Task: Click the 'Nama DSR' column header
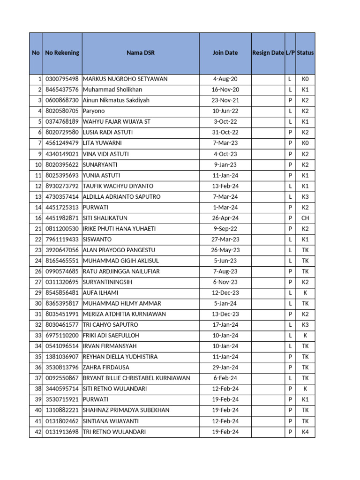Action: tap(140, 53)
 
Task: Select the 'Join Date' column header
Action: tap(225, 53)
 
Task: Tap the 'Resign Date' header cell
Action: tap(268, 53)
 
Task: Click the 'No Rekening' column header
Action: tap(62, 53)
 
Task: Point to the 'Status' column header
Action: tap(305, 53)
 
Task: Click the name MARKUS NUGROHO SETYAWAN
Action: tap(125, 79)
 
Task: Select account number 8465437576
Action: tap(62, 90)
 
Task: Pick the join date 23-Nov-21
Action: tap(225, 100)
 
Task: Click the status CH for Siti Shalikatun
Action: tap(305, 218)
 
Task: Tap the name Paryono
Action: tap(94, 111)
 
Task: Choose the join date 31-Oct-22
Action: tap(225, 133)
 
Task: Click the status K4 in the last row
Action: tap(305, 432)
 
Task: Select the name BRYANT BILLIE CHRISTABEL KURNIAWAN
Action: tap(136, 378)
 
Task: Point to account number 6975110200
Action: tap(62, 336)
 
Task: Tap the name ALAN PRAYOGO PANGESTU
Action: tap(119, 250)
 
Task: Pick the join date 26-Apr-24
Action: tap(225, 218)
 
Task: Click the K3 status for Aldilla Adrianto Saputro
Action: tap(305, 197)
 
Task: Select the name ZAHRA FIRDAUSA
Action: tap(106, 367)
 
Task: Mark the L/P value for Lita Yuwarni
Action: tap(290, 143)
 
